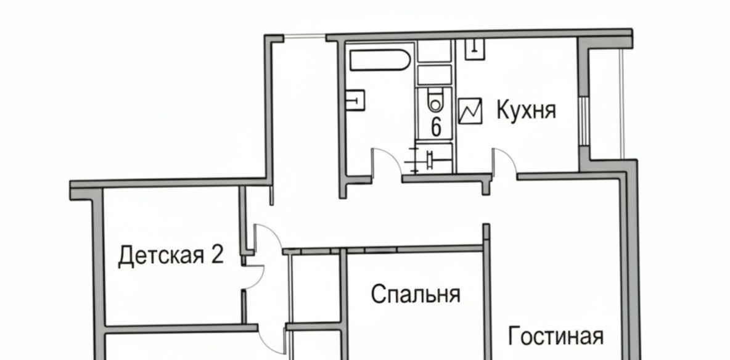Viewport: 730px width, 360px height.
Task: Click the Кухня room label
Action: tap(526, 110)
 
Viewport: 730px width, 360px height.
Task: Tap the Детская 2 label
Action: tap(171, 256)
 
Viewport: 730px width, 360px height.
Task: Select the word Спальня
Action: tap(416, 294)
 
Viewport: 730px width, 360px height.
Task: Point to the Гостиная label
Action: tap(556, 336)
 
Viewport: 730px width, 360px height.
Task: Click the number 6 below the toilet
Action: tap(437, 126)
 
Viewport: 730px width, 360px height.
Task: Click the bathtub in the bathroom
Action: tap(380, 60)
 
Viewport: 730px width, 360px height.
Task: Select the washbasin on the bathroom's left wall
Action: tap(355, 100)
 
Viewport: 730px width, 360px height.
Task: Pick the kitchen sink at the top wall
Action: tap(475, 49)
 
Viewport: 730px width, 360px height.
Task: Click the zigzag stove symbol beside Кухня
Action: tap(470, 111)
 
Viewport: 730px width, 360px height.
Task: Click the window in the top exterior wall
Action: tap(305, 37)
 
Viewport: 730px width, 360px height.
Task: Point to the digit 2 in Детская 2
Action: tap(218, 255)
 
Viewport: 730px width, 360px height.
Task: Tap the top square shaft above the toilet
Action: tap(435, 51)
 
